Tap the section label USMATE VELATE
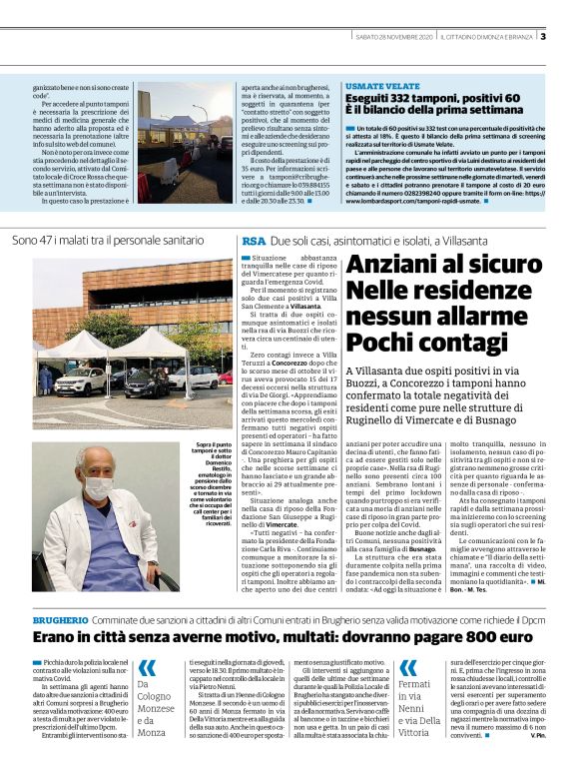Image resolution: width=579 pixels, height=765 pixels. (x=382, y=87)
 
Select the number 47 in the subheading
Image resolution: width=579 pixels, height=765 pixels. (x=51, y=241)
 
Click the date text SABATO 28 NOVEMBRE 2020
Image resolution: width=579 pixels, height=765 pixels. (x=395, y=37)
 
